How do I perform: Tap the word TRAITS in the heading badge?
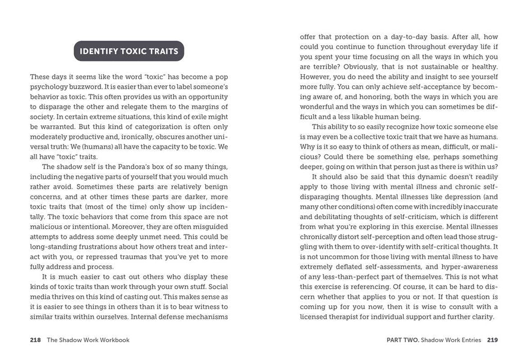(160, 51)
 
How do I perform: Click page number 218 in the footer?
(36, 340)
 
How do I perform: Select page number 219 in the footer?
(492, 340)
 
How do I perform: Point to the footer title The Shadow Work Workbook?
(88, 340)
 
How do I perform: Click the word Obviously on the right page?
(365, 67)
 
